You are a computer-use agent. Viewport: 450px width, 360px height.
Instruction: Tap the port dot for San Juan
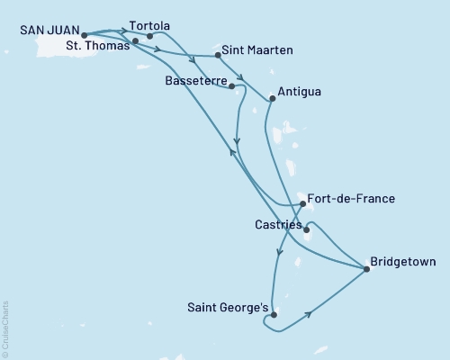point(85,36)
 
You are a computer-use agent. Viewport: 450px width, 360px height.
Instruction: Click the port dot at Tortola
point(149,36)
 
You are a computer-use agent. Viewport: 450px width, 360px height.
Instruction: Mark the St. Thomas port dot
point(135,41)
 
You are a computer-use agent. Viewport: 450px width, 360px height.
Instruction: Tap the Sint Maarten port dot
point(219,56)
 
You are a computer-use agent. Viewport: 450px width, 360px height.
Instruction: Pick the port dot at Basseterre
point(233,86)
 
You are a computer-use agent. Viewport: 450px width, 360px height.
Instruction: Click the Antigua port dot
point(271,98)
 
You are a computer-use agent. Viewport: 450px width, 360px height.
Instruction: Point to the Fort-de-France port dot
point(302,204)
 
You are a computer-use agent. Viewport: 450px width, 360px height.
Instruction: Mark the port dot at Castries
point(307,229)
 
